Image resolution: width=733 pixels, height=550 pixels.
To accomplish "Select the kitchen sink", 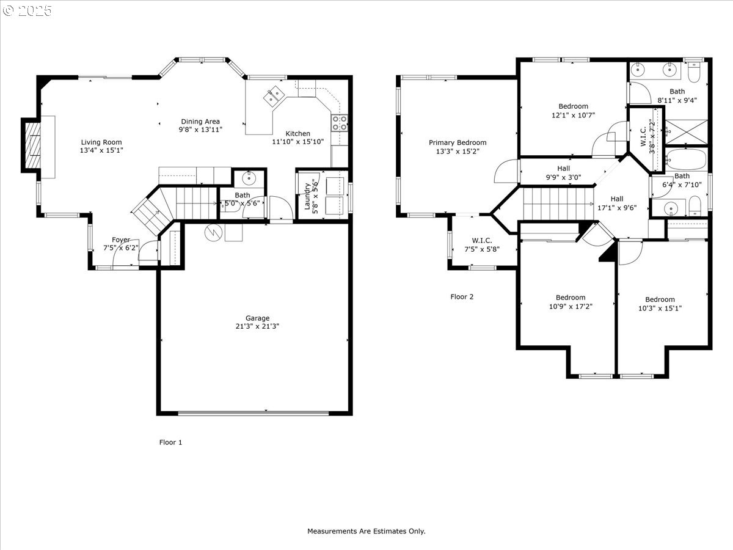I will (272, 95).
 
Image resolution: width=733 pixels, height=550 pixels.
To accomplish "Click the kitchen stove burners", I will (340, 123).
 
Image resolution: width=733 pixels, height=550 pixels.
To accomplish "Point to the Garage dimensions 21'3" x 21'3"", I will (257, 326).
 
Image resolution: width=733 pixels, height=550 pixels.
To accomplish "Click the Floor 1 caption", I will (170, 442).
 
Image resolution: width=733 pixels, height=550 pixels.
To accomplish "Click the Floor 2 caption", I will (462, 297).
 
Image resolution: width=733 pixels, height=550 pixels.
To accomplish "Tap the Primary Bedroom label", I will (458, 143).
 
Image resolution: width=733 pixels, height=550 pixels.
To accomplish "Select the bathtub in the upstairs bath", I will (686, 159).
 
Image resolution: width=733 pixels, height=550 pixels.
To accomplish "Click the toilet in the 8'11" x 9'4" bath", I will (693, 72).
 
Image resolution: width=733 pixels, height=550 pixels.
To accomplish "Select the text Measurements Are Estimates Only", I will (366, 532).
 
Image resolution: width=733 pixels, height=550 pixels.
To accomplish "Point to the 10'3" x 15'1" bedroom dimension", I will (660, 308).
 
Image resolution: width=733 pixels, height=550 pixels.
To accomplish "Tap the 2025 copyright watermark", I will (27, 10).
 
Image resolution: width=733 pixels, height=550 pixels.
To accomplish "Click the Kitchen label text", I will (298, 134).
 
